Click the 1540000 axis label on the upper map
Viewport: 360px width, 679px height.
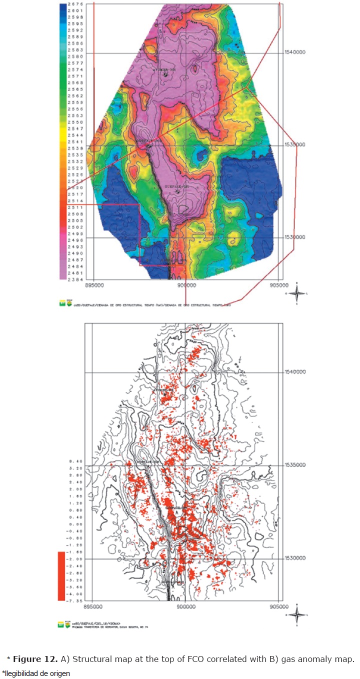pos(294,52)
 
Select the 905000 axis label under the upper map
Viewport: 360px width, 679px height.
pos(278,285)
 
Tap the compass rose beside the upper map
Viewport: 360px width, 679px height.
pos(296,293)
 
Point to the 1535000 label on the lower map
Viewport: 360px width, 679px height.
pos(294,465)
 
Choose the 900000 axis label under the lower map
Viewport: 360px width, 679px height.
pos(186,606)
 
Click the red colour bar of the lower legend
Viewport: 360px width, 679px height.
pos(61,575)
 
